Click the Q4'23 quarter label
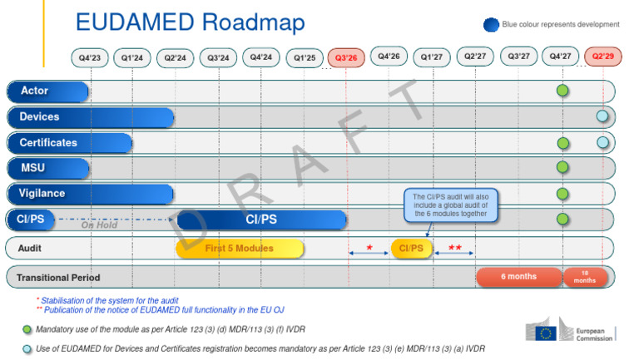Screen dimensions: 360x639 tap(90, 57)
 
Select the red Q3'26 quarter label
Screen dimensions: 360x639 tap(347, 58)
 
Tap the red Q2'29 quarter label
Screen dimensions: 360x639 tap(603, 57)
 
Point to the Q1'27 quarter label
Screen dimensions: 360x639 tap(433, 57)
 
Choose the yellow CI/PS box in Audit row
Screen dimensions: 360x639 tap(411, 248)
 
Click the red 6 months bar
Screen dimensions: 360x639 tap(518, 276)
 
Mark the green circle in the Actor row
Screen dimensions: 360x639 tap(563, 91)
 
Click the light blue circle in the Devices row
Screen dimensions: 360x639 tap(602, 116)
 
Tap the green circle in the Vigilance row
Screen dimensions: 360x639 tap(563, 194)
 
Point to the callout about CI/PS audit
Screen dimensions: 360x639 tap(450, 205)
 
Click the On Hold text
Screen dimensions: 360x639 tap(99, 224)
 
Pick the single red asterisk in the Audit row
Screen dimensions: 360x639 tap(369, 247)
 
